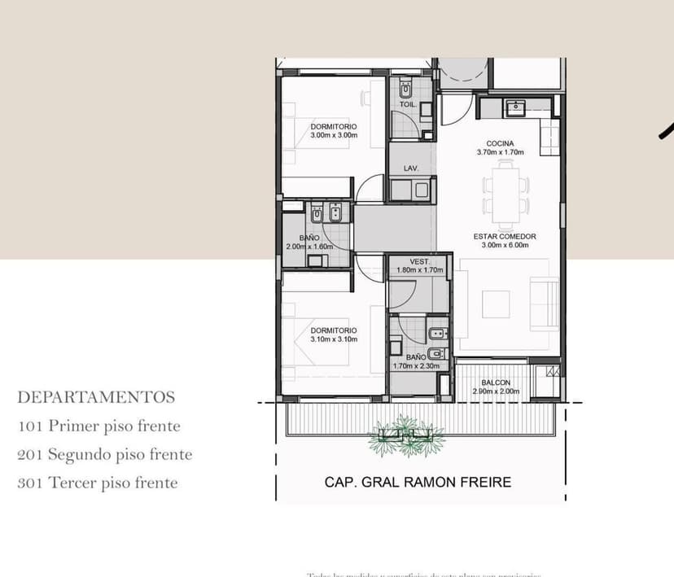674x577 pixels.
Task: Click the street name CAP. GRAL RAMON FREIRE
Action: click(418, 482)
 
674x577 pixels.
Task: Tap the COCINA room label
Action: click(500, 143)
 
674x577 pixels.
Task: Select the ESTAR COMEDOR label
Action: click(505, 237)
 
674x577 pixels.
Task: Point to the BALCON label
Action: click(495, 382)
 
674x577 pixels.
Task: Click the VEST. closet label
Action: click(419, 261)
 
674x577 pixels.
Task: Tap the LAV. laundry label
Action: click(411, 168)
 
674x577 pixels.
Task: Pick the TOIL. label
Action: click(408, 105)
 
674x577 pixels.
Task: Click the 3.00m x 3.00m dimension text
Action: click(334, 135)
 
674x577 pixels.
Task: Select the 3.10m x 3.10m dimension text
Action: click(334, 339)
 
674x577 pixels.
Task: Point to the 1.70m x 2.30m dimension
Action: click(416, 366)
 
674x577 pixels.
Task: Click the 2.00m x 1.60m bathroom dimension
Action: click(309, 247)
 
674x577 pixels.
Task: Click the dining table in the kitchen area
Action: click(505, 194)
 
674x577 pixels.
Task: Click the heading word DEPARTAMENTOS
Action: click(96, 397)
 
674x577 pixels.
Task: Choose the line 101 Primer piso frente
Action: click(98, 426)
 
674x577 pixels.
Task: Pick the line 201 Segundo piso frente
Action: click(105, 454)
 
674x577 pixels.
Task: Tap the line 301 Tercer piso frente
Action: click(97, 483)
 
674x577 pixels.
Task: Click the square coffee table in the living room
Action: click(496, 304)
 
